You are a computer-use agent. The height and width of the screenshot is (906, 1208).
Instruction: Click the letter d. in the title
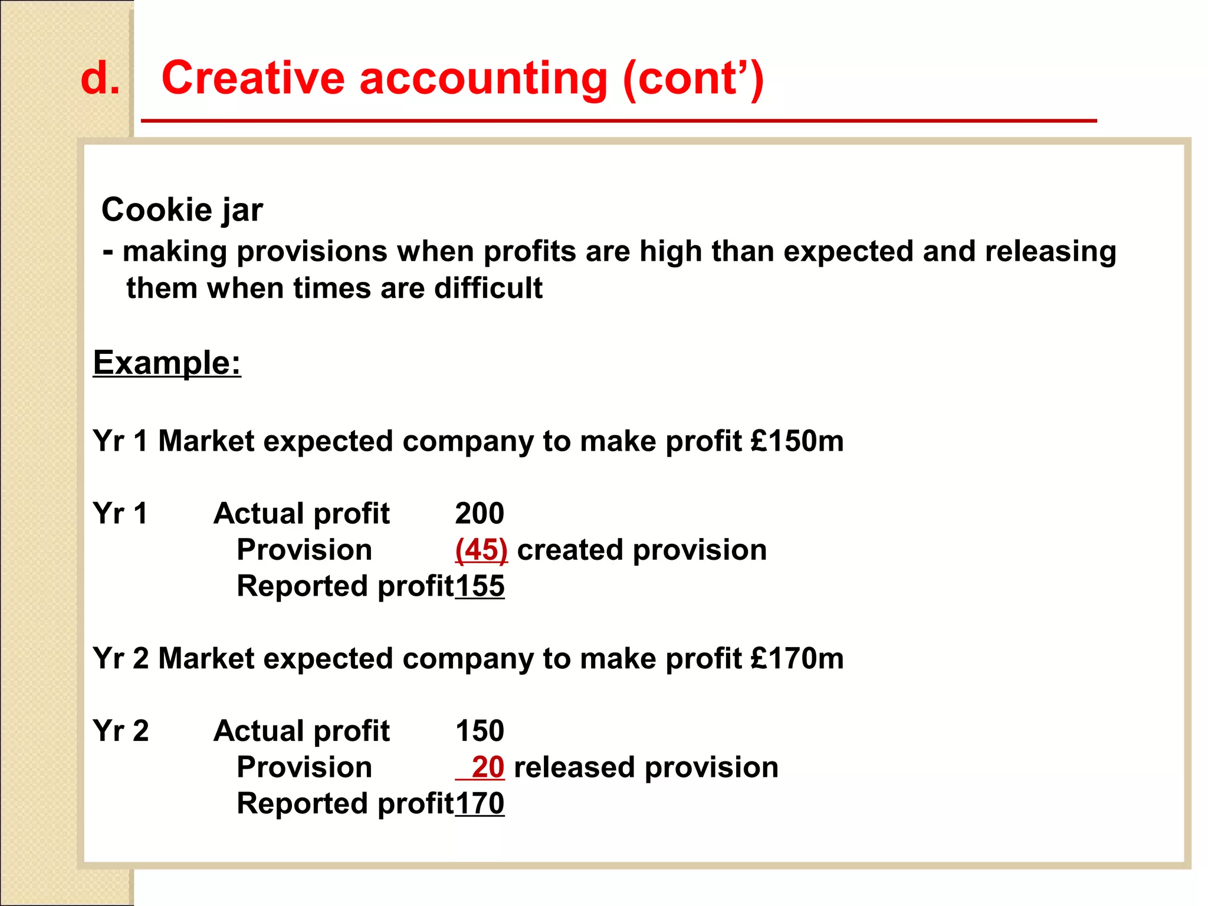point(100,78)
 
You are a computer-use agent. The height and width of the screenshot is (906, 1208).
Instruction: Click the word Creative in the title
point(253,78)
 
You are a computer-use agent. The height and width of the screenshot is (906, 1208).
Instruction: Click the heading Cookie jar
point(182,210)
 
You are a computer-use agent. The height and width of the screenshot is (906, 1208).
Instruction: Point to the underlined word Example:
point(167,362)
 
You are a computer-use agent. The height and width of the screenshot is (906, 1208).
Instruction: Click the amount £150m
point(797,441)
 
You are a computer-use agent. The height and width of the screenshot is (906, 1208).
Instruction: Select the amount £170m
point(797,658)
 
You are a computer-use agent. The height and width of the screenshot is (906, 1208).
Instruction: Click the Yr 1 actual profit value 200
point(480,513)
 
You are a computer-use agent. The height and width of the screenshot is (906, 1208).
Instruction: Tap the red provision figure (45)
point(481,550)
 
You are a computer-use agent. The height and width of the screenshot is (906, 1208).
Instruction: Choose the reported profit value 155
point(480,586)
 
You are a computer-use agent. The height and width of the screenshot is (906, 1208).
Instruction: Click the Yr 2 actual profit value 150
point(480,731)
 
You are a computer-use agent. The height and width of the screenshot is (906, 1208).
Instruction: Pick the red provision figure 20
point(488,767)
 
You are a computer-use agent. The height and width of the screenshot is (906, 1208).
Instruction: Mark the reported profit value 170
point(480,803)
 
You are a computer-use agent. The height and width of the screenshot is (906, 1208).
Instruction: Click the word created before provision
point(570,550)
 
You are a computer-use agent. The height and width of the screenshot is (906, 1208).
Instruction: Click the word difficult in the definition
point(488,288)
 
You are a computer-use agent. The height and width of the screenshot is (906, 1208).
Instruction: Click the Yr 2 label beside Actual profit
point(121,731)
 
